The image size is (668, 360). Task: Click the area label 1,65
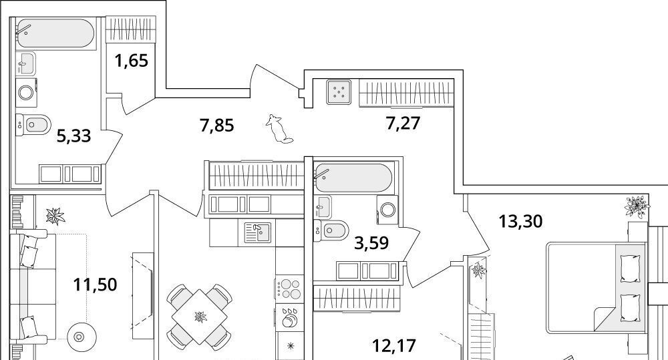[131, 61]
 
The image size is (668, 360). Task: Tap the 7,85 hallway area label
[217, 126]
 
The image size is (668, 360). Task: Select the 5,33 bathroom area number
[73, 136]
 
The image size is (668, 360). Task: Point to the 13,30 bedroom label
[520, 222]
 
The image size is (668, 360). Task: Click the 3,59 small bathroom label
[371, 243]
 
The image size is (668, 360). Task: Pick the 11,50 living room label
[95, 284]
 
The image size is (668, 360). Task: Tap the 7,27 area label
[403, 123]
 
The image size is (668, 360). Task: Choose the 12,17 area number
[393, 345]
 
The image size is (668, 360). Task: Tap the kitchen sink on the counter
[257, 232]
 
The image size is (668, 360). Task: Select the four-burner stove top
[289, 288]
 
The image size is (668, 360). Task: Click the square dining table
[200, 317]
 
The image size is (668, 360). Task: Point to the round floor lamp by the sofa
[79, 337]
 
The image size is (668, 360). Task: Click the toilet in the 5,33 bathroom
[33, 125]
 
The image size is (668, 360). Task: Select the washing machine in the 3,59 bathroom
[388, 209]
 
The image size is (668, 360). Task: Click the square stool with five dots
[339, 92]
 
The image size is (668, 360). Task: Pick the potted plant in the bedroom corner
[637, 206]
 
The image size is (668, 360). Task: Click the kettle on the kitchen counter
[290, 318]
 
